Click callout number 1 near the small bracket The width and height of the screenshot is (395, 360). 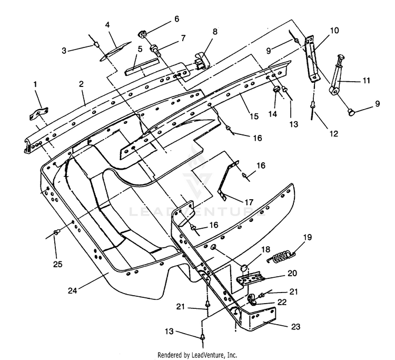coord(35,84)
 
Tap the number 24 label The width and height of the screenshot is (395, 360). coord(73,290)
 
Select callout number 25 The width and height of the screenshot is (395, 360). coord(58,264)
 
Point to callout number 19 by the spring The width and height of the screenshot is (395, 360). coord(308,237)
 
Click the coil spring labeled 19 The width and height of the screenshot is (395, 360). coord(281,256)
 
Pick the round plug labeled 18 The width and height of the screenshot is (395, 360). coord(244,268)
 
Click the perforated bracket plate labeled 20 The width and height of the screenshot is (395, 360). coord(251,278)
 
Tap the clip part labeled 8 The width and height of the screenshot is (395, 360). coord(202,61)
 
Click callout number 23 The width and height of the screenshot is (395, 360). coord(296,326)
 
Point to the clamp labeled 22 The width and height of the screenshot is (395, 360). coord(252,299)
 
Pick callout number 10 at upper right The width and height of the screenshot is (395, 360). coord(334,31)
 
